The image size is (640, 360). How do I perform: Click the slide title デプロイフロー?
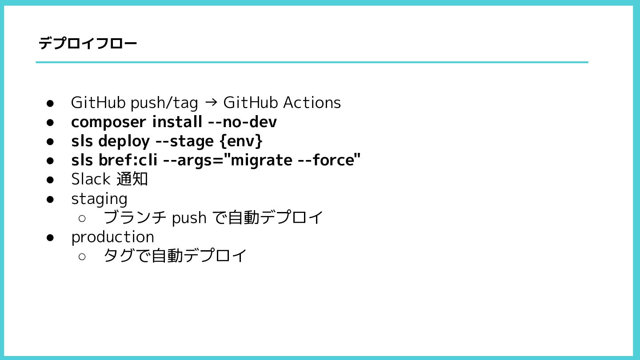88,44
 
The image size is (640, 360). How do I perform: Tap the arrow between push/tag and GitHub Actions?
211,103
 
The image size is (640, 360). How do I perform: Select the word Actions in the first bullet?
312,103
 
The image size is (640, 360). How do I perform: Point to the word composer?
108,122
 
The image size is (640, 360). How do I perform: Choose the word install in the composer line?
177,122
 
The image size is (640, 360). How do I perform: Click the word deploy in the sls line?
124,141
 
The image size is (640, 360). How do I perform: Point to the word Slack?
91,179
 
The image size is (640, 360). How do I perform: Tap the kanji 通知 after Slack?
132,179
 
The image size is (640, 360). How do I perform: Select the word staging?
99,199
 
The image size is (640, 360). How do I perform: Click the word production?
112,237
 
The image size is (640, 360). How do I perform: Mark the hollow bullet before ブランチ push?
82,218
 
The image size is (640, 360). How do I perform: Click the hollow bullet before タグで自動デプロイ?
82,256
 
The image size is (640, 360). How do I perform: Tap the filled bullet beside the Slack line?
50,180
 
